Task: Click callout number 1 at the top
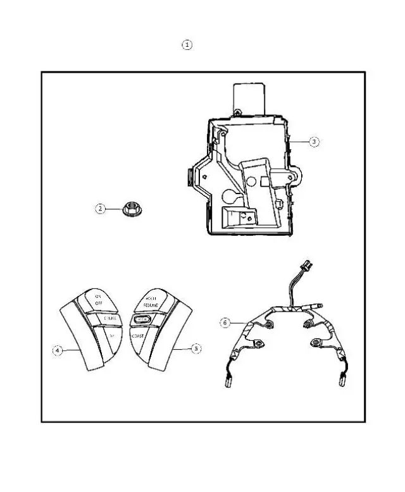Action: tap(187, 45)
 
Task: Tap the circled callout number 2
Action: tap(100, 208)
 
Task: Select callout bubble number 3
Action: tap(314, 142)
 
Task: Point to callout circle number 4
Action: tap(57, 351)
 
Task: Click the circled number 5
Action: tap(196, 348)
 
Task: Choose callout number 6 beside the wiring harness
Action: tap(224, 322)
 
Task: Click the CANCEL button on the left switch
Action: tap(108, 317)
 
